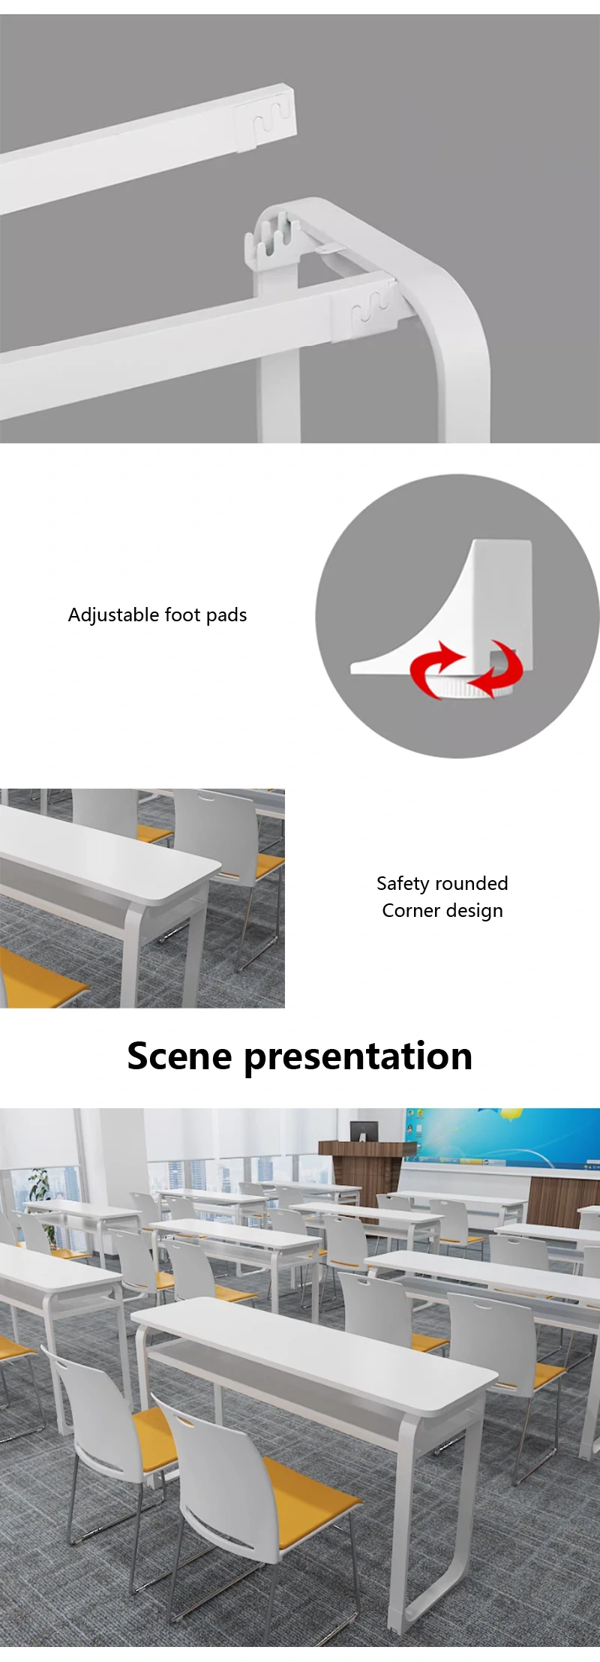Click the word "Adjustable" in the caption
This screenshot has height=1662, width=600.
(x=113, y=615)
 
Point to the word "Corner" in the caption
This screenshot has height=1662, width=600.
(x=411, y=910)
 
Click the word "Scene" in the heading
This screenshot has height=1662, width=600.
(x=179, y=1056)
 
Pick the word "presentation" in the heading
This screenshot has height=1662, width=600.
(x=358, y=1057)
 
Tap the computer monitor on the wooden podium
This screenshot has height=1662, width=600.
(x=364, y=1130)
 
